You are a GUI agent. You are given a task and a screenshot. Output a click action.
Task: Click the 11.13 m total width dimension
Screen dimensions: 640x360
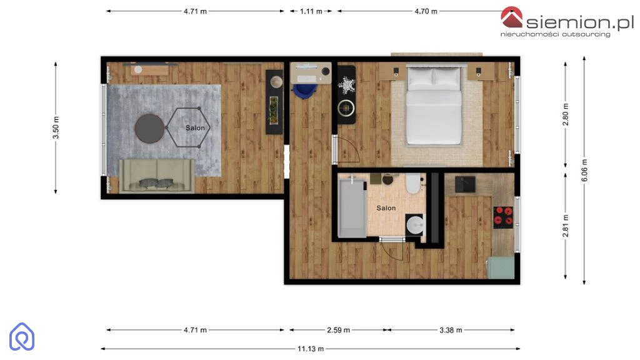(x=310, y=349)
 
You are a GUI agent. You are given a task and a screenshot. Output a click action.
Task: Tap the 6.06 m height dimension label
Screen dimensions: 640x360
(x=584, y=170)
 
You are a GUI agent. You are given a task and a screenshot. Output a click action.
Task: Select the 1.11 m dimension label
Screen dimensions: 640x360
(x=311, y=11)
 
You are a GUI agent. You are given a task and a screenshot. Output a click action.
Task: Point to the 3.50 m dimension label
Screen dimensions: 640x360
(x=56, y=127)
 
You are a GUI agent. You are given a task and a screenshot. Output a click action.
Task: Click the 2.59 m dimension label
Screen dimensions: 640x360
(x=338, y=330)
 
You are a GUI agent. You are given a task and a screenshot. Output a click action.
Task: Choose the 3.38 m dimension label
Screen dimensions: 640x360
(x=451, y=330)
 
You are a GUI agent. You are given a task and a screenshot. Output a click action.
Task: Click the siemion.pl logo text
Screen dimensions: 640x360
(x=580, y=22)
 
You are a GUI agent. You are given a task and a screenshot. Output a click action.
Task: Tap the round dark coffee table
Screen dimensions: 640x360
(x=149, y=128)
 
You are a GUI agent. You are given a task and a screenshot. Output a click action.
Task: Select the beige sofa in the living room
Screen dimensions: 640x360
(x=157, y=176)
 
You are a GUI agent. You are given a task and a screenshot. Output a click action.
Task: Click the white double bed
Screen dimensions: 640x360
(x=434, y=105)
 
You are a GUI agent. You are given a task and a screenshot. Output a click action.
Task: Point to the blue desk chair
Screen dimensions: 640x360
(x=304, y=91)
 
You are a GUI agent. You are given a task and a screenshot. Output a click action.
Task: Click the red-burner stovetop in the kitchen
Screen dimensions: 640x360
(x=503, y=216)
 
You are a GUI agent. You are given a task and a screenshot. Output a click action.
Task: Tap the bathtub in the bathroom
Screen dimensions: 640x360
(x=352, y=207)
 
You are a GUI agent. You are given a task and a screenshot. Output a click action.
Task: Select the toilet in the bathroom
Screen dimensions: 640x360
(x=413, y=183)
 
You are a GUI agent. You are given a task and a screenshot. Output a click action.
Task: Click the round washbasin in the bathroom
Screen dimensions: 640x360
(x=416, y=225)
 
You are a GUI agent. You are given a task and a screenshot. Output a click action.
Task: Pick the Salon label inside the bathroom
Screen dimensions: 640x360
(x=386, y=208)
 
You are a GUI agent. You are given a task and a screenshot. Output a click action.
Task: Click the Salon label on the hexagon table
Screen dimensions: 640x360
(x=195, y=128)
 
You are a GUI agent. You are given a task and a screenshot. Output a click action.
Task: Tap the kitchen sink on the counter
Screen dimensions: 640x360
(x=465, y=184)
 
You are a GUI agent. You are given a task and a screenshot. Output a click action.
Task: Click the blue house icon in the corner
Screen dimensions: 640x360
(x=22, y=337)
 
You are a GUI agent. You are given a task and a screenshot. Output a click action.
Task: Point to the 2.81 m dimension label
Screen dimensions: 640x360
(x=566, y=226)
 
